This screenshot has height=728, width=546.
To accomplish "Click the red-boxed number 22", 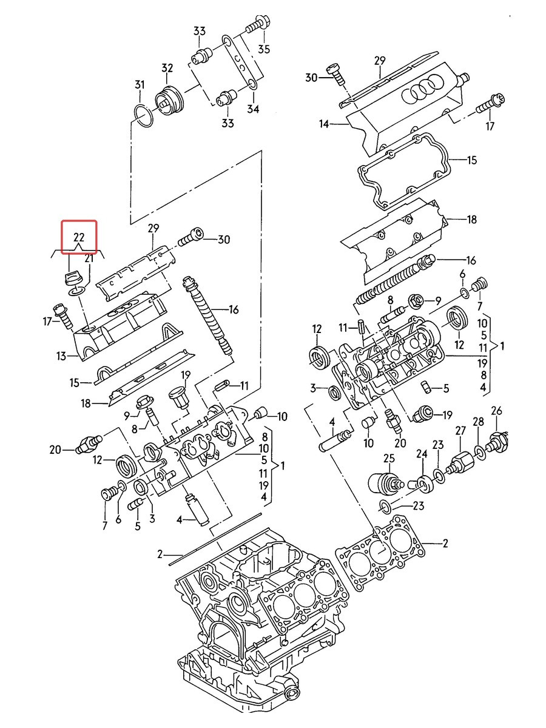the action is tap(79, 237).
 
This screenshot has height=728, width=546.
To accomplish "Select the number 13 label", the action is tap(62, 356).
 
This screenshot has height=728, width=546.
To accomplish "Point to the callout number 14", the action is tap(324, 124).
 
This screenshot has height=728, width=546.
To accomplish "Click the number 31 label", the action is tap(140, 85).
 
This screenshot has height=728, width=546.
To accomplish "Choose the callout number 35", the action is tap(265, 49).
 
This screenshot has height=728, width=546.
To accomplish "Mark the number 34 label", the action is tap(253, 109).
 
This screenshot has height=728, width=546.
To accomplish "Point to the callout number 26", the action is tap(497, 411).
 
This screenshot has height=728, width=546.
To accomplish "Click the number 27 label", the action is tap(461, 431).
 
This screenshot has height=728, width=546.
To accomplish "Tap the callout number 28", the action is tap(479, 422).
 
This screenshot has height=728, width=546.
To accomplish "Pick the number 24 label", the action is tap(422, 454).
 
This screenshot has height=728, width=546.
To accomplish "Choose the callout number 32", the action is tap(167, 69).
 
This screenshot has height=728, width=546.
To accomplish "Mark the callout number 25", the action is tap(389, 459).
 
